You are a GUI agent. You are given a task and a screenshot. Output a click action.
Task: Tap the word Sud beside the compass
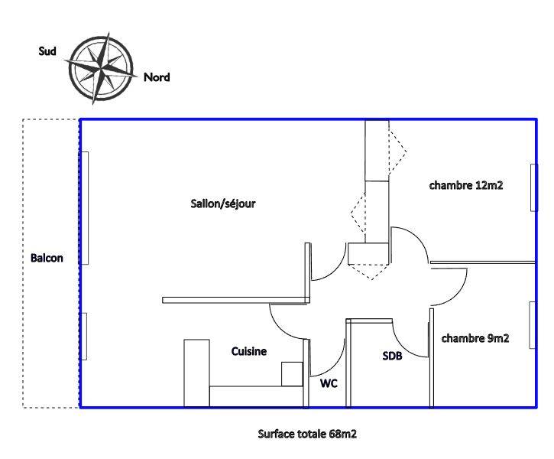(x=47, y=51)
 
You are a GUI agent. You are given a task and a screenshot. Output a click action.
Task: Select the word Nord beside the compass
(x=157, y=77)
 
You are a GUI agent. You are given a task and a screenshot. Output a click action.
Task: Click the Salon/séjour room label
(x=222, y=204)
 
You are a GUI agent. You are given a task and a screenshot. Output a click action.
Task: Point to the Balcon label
(x=47, y=258)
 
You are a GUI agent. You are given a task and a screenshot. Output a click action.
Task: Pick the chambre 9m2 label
(x=475, y=338)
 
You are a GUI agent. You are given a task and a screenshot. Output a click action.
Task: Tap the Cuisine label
(x=249, y=352)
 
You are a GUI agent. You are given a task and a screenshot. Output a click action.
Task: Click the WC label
(x=329, y=382)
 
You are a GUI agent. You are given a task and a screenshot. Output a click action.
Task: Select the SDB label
(x=393, y=356)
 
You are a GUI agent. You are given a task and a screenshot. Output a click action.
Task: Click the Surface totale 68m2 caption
(x=307, y=435)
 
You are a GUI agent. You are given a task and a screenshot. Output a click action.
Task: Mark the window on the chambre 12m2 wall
(x=533, y=186)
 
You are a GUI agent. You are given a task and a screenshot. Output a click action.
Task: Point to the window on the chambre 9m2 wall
(x=533, y=325)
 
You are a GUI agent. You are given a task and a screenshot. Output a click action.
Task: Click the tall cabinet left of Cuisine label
(x=196, y=373)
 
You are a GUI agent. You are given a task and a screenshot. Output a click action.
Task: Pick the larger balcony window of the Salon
(x=85, y=208)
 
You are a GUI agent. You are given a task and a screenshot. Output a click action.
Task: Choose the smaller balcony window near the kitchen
(x=85, y=336)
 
